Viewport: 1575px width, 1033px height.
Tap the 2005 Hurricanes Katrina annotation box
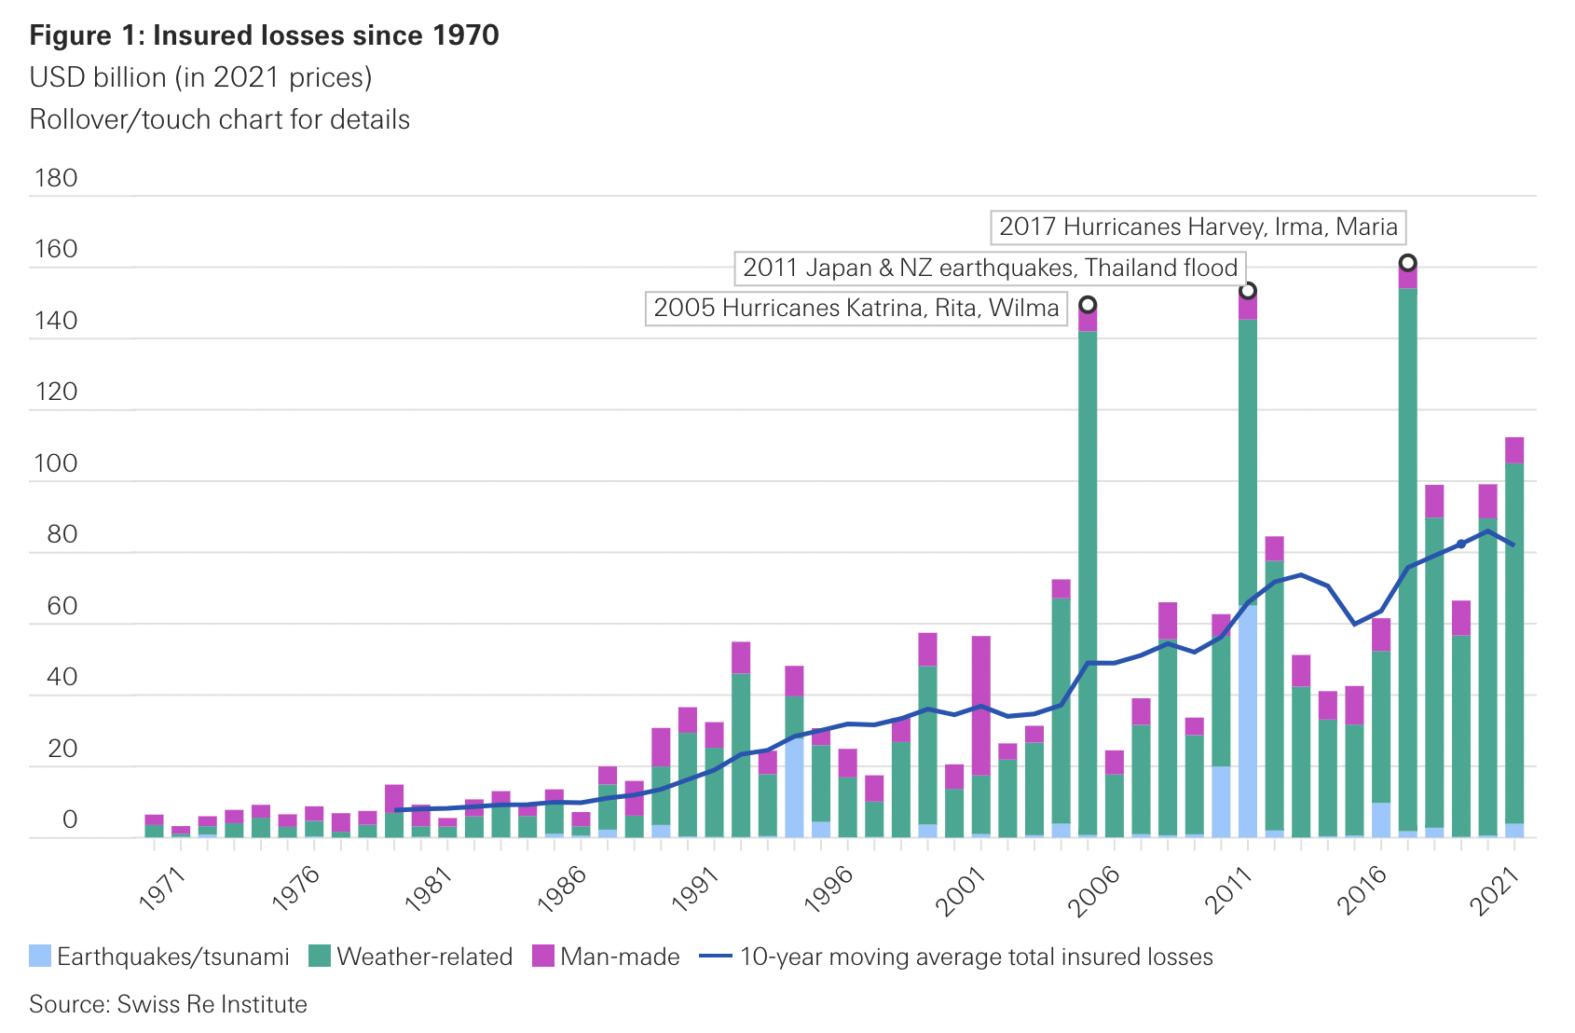(x=856, y=309)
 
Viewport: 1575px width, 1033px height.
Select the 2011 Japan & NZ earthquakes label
(x=990, y=269)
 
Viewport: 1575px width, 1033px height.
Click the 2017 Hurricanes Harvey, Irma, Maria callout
(x=1198, y=227)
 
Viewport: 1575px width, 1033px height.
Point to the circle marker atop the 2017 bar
(x=1408, y=263)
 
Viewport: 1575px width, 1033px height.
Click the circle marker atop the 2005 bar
(x=1088, y=305)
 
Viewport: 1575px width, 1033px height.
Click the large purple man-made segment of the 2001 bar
(x=981, y=705)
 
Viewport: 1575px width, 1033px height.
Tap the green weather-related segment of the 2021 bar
(x=1514, y=643)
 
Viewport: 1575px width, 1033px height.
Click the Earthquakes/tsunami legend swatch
(x=40, y=957)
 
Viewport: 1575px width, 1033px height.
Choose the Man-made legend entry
(x=606, y=957)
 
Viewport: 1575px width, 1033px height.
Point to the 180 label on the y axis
(x=56, y=178)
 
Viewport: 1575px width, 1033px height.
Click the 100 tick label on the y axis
(x=56, y=463)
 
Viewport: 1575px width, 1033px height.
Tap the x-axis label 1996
(x=829, y=889)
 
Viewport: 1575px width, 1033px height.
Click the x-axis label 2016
(x=1363, y=889)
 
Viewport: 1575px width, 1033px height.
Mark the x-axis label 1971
(x=162, y=889)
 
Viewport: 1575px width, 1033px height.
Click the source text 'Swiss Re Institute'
(x=212, y=1004)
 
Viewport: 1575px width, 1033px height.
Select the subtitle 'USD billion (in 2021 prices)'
(x=200, y=77)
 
